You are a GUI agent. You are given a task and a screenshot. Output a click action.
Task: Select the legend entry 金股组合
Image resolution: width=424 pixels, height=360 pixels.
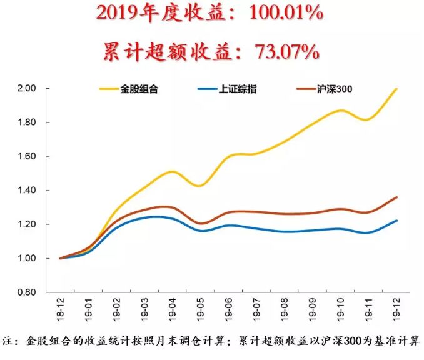[145, 89]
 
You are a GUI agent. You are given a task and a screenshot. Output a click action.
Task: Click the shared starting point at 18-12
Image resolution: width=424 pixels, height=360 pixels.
[61, 258]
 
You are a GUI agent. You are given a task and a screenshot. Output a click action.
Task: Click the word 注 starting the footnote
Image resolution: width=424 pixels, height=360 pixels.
[8, 342]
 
